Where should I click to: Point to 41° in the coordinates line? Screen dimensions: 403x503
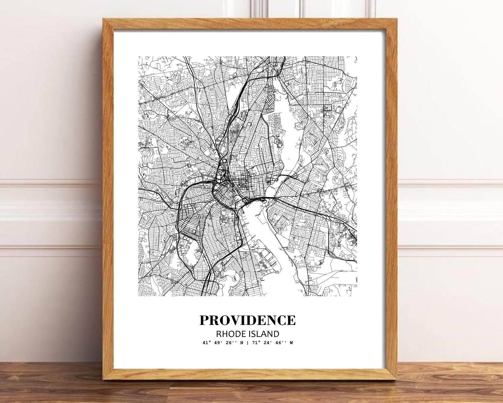click(206, 343)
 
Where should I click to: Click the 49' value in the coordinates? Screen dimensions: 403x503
click(219, 343)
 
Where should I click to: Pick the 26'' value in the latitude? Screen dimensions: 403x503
click(232, 343)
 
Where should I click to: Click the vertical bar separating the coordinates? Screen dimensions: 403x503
click(247, 343)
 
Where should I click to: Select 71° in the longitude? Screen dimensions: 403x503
click(254, 343)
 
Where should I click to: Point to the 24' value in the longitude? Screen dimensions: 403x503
click(267, 343)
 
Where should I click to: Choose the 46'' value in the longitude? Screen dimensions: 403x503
click(281, 343)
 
